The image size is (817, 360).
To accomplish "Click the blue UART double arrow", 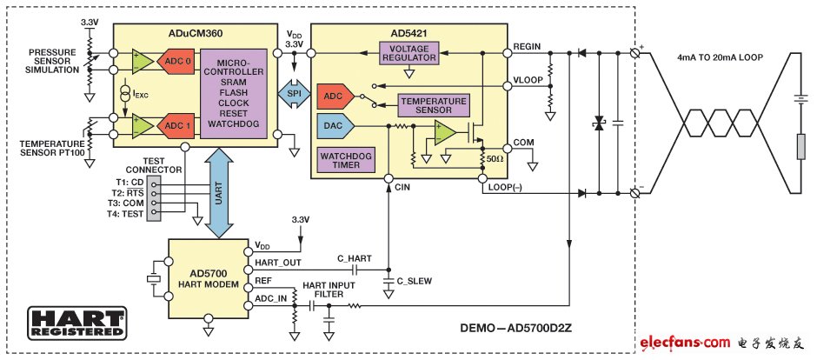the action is coord(219,193).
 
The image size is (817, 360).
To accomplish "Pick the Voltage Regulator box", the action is coord(409,53).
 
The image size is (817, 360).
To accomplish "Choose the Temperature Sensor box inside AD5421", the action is coord(434,106).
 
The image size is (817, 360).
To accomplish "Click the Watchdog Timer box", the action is coord(347,160).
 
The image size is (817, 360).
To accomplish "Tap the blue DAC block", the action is coord(336,125).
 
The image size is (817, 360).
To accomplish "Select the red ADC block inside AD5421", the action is coord(336,96).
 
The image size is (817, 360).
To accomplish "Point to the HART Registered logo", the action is coord(76,323).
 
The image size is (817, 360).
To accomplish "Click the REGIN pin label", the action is coord(526,46).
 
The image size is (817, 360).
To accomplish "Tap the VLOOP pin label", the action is coord(528,80).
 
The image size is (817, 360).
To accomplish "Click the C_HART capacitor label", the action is coord(355,258).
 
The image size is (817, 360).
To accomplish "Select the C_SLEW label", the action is coord(415,281).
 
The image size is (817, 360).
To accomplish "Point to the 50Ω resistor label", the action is coord(495,158).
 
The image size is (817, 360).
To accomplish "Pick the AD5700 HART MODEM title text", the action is coord(208,279).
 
